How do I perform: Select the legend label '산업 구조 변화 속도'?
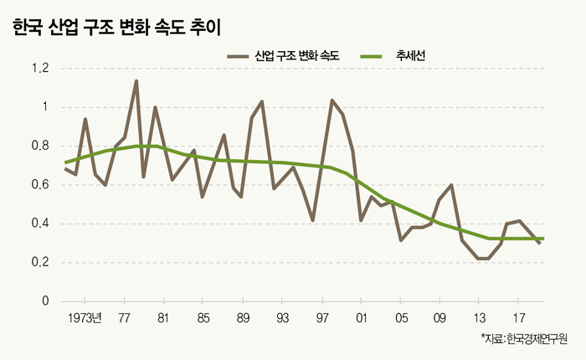tap(297, 56)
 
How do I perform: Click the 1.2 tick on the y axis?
tap(40, 69)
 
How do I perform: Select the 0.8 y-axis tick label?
tap(40, 147)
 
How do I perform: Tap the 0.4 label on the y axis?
tap(40, 224)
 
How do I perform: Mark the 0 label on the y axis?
tap(47, 301)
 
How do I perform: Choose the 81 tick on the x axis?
tap(162, 319)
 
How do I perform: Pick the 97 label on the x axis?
tap(322, 319)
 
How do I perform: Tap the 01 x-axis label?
tap(362, 319)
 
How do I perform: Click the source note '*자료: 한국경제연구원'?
tap(524, 339)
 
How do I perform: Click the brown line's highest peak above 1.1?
tap(136, 81)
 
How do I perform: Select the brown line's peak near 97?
tap(332, 100)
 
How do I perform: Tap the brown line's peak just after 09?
tap(452, 185)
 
